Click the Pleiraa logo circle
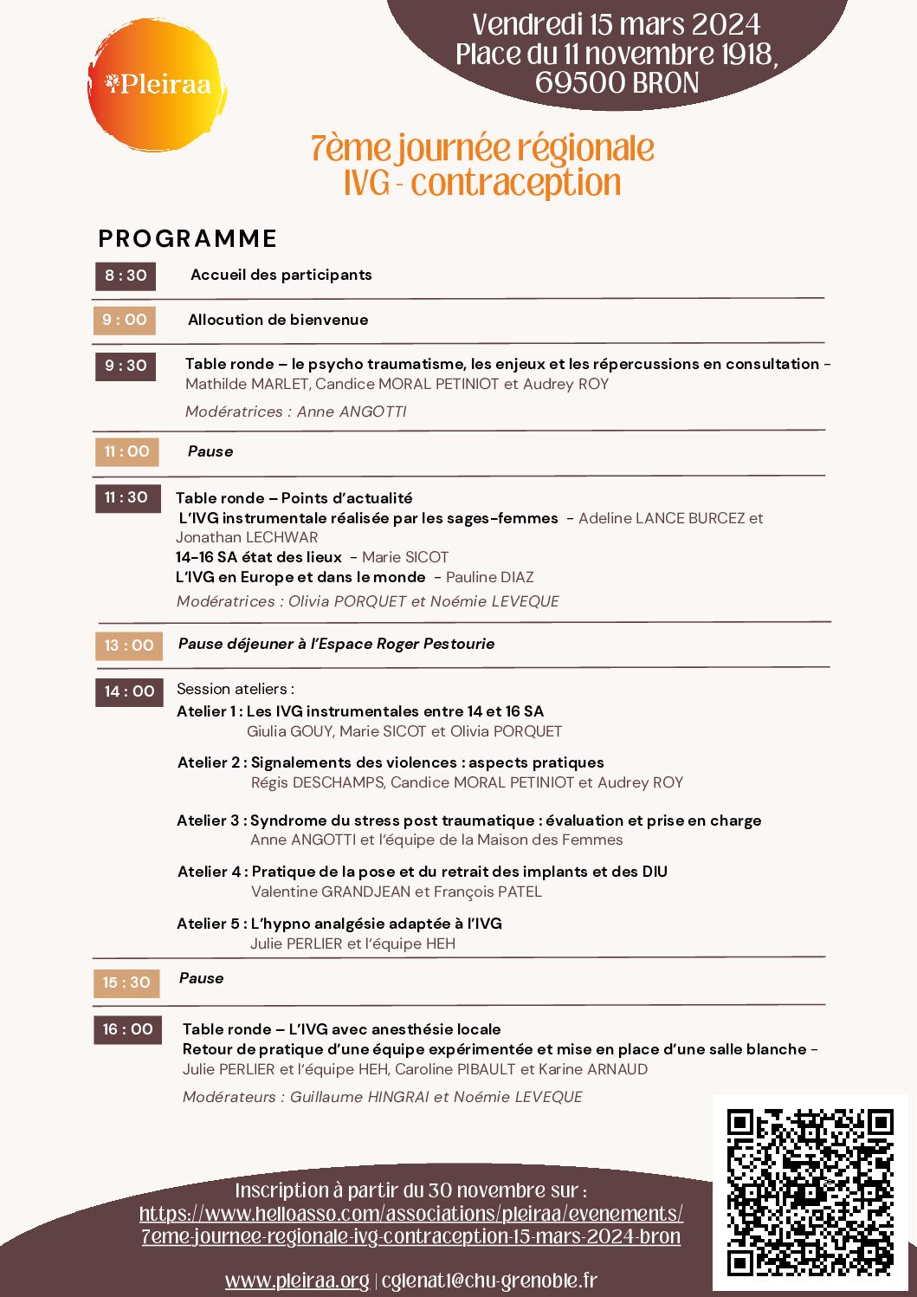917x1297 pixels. pos(157,85)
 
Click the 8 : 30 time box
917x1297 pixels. pos(126,276)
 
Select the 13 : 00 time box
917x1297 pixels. pos(128,645)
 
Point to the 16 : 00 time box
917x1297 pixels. pos(127,1029)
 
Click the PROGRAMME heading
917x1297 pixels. pos(188,238)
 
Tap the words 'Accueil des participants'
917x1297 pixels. pos(281,275)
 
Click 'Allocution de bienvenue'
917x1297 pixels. pos(278,320)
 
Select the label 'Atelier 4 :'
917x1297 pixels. pos(212,872)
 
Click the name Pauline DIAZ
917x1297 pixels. pos(489,577)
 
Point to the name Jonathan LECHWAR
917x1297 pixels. pos(247,537)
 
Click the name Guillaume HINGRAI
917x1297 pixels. pos(359,1097)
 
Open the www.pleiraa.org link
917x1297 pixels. pos(297,1281)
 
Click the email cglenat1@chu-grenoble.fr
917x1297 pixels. pos(489,1281)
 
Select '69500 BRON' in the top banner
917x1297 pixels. pos(617,83)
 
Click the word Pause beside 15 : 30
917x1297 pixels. pos(201,978)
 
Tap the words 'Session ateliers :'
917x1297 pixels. pos(235,689)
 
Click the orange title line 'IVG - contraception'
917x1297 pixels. pos(482,184)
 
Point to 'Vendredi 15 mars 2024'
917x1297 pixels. pos(617,23)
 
